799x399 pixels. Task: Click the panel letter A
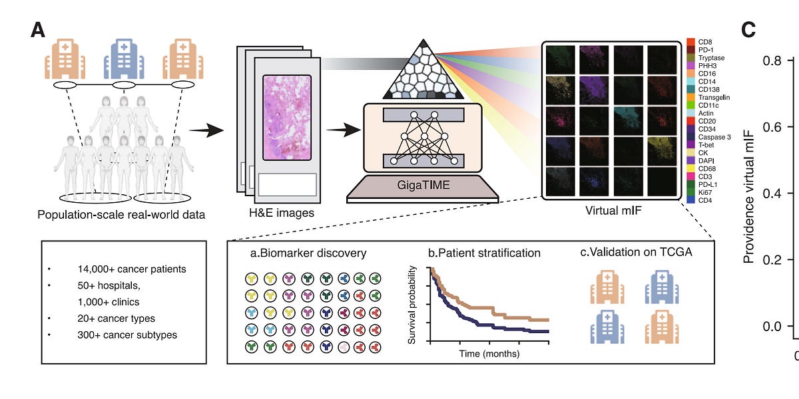(x=39, y=30)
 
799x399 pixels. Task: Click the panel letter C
(x=750, y=30)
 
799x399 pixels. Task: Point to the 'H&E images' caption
(x=277, y=213)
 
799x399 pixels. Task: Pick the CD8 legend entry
(x=704, y=41)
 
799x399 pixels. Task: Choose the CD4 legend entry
(x=704, y=199)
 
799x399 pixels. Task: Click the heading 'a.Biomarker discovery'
(x=308, y=253)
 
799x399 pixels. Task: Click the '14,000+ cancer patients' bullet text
(x=131, y=270)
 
